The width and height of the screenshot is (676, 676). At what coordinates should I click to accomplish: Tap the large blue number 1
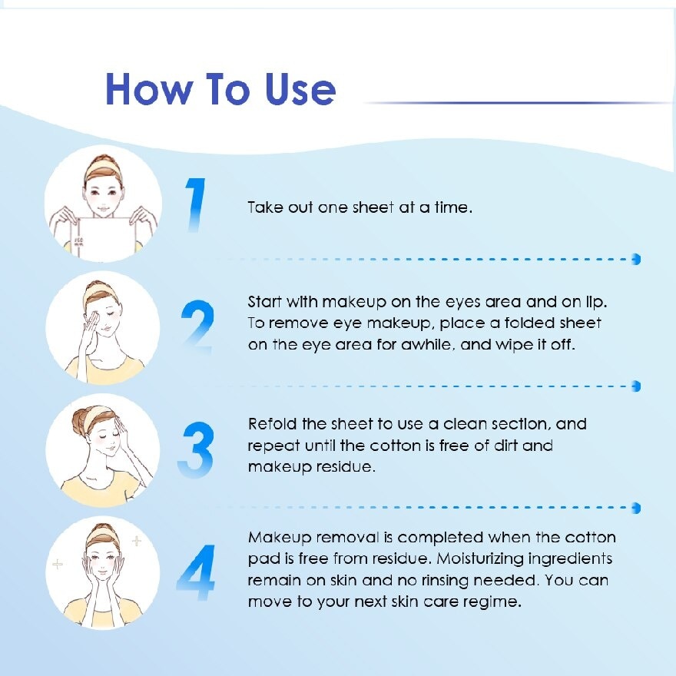(196, 205)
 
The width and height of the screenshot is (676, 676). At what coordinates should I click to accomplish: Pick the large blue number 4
(196, 572)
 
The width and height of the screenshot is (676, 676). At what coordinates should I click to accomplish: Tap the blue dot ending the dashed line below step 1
(635, 260)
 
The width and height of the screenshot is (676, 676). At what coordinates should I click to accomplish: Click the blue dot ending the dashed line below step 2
(635, 386)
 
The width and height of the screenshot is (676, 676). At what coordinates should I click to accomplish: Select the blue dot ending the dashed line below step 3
(635, 508)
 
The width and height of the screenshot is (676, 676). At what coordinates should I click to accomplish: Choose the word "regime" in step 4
(493, 601)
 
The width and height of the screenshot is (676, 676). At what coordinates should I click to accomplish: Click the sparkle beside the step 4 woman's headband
(137, 542)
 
